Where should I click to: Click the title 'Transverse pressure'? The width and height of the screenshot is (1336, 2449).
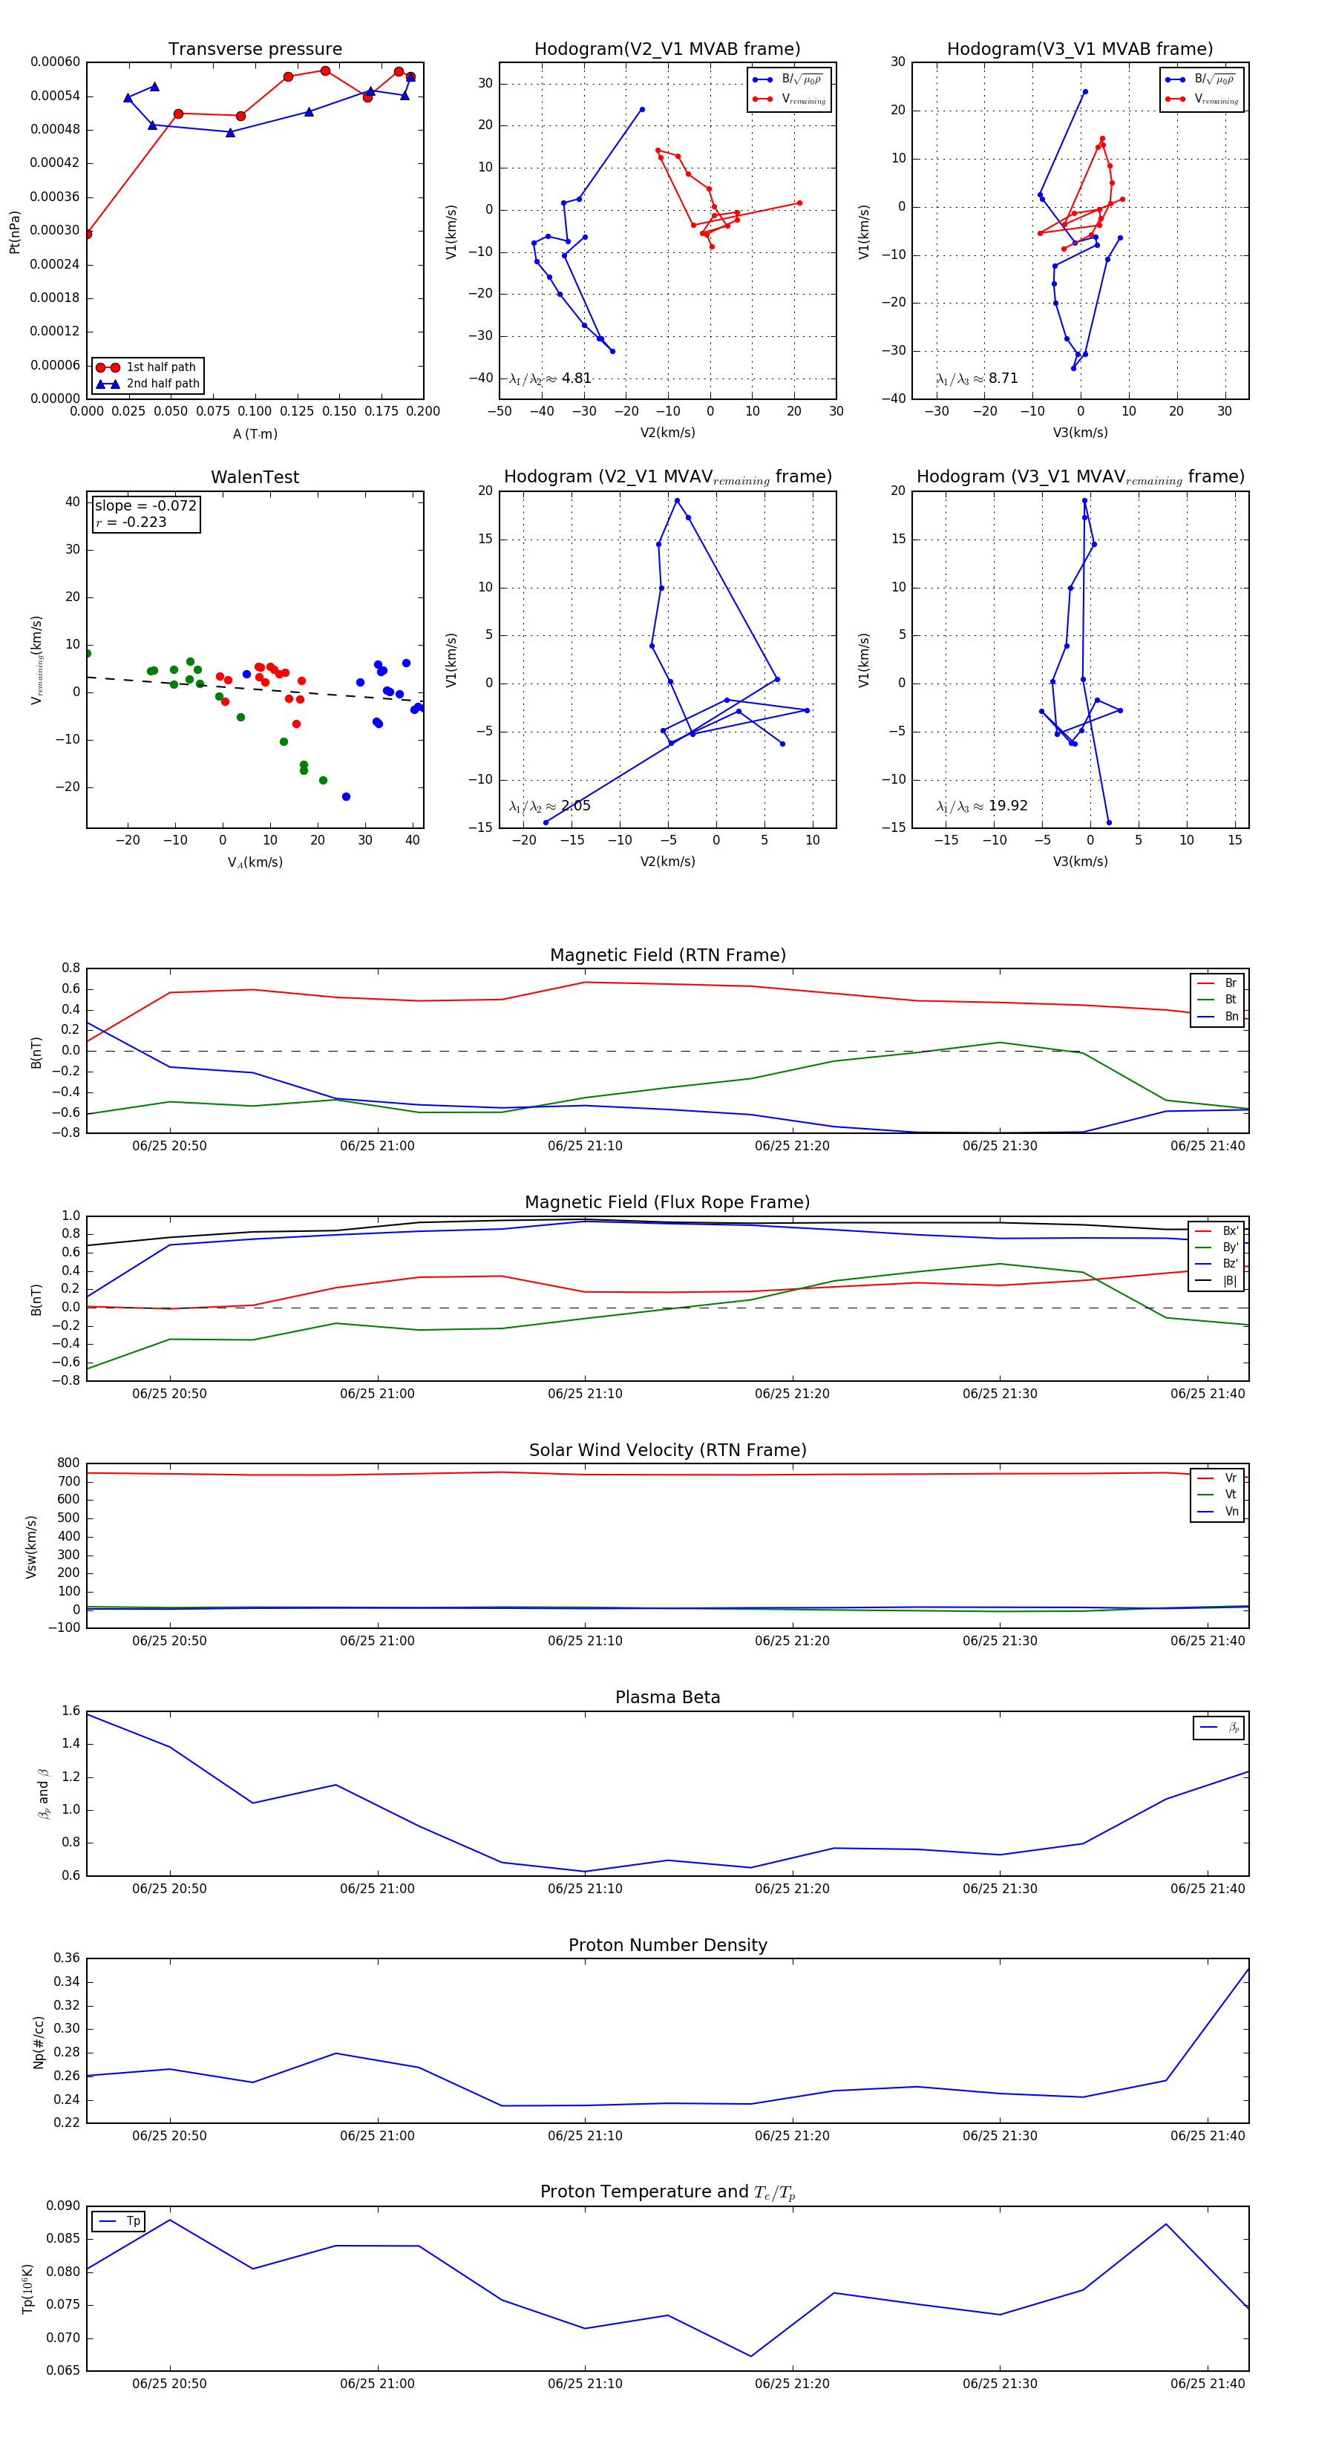point(255,50)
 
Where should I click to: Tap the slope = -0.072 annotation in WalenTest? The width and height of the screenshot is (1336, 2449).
point(145,506)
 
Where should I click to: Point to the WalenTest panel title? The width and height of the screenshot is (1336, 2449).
point(255,477)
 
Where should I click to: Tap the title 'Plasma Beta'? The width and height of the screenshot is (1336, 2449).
point(667,1697)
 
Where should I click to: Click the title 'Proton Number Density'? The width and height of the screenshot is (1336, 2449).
point(667,1945)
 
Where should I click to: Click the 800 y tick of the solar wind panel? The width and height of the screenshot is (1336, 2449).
point(68,1463)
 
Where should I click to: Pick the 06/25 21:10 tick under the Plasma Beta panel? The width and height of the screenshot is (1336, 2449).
point(585,1888)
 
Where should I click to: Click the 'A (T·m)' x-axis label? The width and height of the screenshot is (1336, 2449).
point(255,434)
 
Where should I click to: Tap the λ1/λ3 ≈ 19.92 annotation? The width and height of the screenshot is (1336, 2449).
point(981,806)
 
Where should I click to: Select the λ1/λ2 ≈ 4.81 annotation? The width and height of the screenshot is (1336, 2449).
point(549,378)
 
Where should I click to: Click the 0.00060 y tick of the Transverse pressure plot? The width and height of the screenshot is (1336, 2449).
point(55,62)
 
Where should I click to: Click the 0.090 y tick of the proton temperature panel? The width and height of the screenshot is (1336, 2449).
point(63,2206)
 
